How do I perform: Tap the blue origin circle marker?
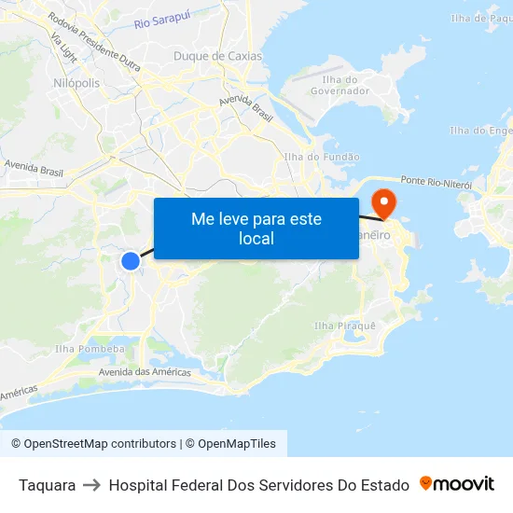tap(131, 262)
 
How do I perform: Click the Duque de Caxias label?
tap(217, 56)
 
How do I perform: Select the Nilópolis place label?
tap(76, 83)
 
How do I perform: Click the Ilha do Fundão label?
tap(321, 158)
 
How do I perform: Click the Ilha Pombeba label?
tap(90, 349)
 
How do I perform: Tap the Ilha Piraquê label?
tap(345, 326)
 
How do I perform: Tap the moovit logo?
tap(457, 484)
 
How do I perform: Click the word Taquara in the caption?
tap(47, 485)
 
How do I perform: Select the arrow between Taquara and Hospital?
tap(92, 485)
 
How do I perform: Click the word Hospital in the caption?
tap(137, 485)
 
